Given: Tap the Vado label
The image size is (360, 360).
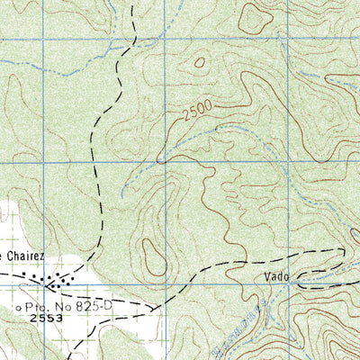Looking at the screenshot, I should pyautogui.click(x=277, y=277).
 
